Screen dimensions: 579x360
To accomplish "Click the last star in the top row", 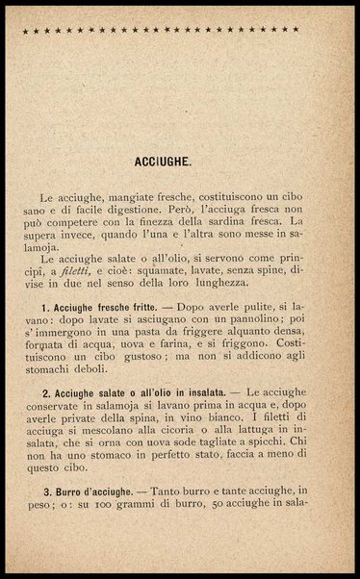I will [x=296, y=30].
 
